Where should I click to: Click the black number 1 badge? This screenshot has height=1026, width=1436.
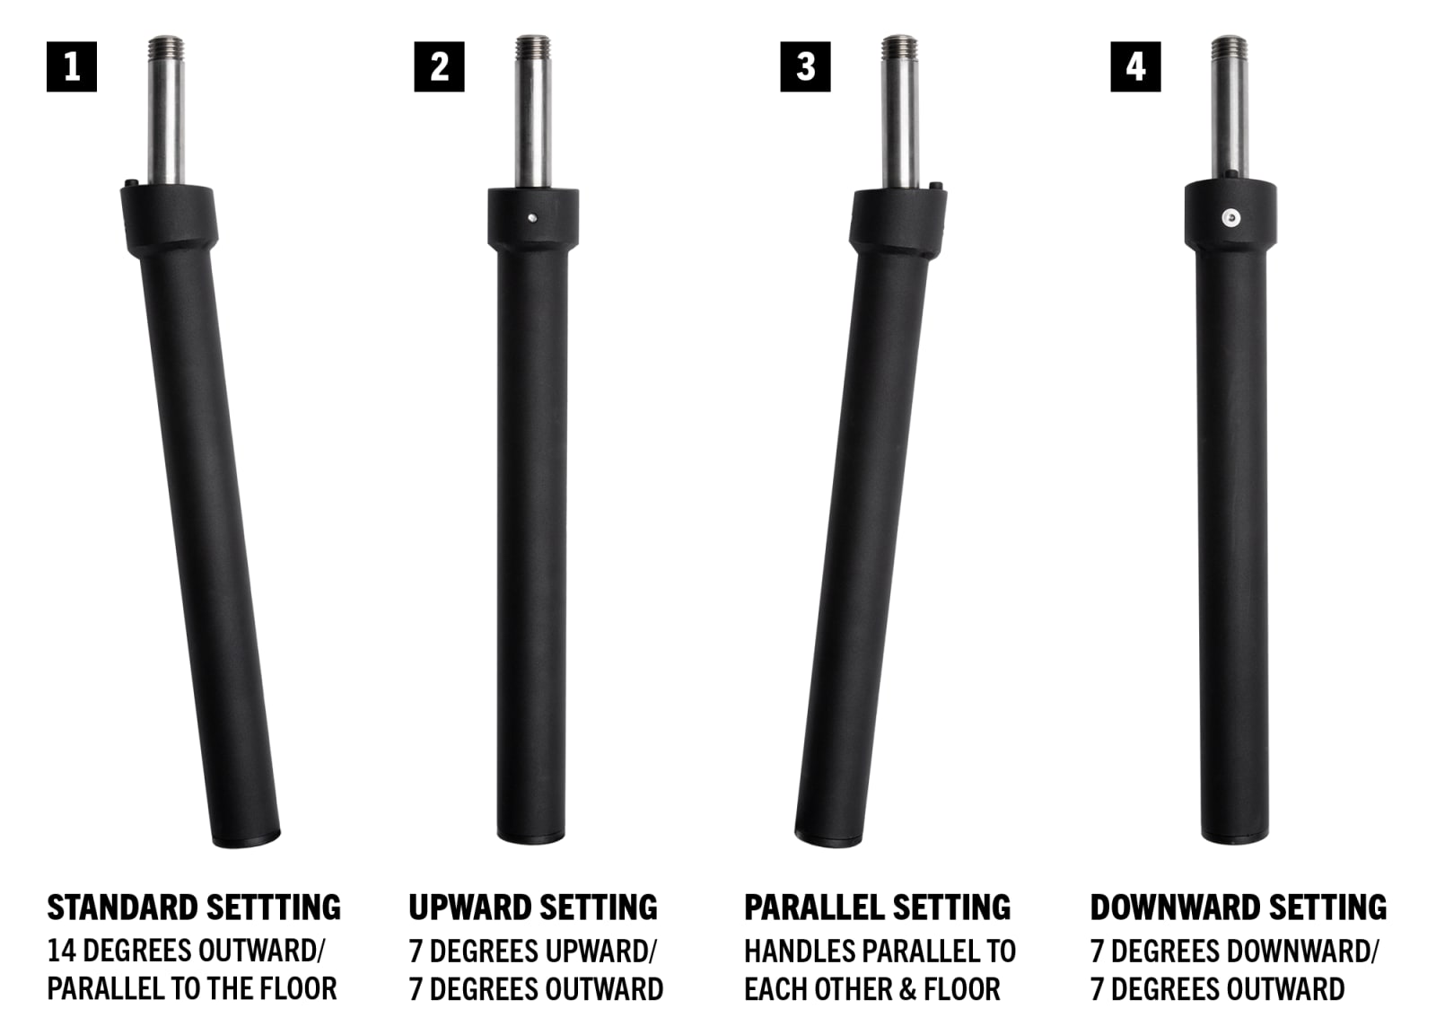(x=72, y=66)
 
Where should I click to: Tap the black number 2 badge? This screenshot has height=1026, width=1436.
(x=439, y=66)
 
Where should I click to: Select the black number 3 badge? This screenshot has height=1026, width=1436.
(x=805, y=66)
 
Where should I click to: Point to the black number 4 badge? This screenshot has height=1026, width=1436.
(x=1135, y=66)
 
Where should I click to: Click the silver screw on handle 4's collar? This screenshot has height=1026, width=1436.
(x=1230, y=218)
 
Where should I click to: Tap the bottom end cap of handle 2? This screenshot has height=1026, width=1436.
(x=530, y=837)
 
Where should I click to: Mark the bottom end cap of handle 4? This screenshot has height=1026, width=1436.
(x=1235, y=837)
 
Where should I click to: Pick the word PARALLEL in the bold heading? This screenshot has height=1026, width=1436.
(x=813, y=908)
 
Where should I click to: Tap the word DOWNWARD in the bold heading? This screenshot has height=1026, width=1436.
(x=1175, y=908)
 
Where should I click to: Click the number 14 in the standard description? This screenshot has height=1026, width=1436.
(x=62, y=951)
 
